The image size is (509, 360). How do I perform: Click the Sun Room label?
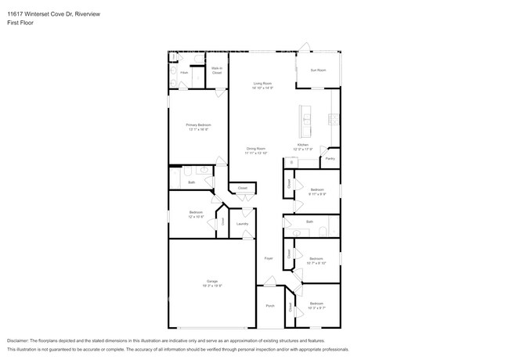click(x=318, y=70)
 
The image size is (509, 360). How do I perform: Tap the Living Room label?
click(x=262, y=83)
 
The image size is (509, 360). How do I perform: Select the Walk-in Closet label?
click(x=216, y=70)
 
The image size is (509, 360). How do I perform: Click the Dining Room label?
click(x=256, y=148)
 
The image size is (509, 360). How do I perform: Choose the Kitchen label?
click(x=303, y=145)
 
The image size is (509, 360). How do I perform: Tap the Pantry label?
click(x=330, y=158)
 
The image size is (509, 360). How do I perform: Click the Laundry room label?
click(x=243, y=224)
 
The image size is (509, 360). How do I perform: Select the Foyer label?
click(x=268, y=257)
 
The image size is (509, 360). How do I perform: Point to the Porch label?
click(x=270, y=306)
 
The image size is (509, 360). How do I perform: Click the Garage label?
click(x=211, y=281)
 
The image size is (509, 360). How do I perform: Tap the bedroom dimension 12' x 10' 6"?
click(x=196, y=217)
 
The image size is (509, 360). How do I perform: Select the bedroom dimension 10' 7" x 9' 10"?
click(x=316, y=263)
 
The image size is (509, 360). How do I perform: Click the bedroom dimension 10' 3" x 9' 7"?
click(x=316, y=308)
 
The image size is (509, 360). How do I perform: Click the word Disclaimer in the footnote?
click(x=20, y=342)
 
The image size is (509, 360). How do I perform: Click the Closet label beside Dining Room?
click(x=243, y=188)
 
